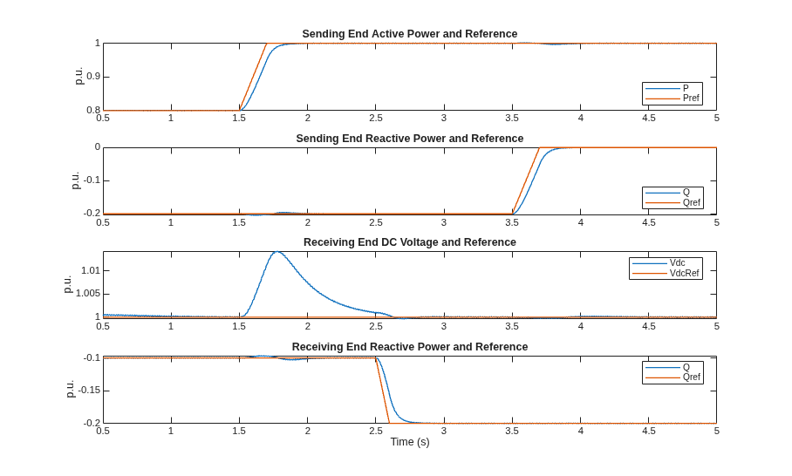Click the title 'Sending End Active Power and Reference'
[410, 34]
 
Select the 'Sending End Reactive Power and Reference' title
[410, 139]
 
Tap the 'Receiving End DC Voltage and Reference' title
[410, 242]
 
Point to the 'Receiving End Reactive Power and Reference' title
[410, 347]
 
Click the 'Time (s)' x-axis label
[410, 442]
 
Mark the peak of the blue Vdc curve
[277, 251]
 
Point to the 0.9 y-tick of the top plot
[93, 77]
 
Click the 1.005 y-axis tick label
[88, 294]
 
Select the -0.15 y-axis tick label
[89, 391]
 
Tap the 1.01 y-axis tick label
[91, 270]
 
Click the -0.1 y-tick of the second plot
[92, 180]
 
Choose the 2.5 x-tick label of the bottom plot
[376, 431]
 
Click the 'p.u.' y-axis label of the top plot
[79, 76]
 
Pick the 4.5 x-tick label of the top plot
[649, 118]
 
